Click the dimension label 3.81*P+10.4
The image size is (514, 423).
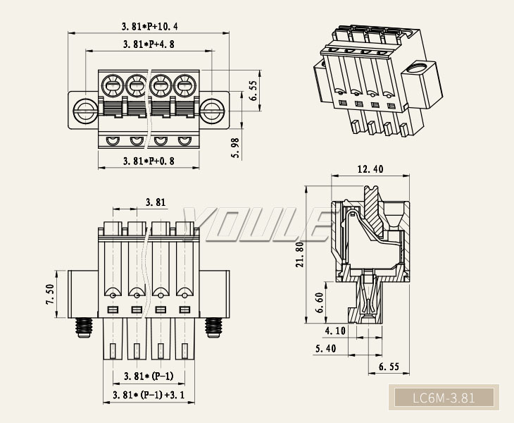pyautogui.click(x=149, y=27)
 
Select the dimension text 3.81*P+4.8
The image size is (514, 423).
pyautogui.click(x=149, y=44)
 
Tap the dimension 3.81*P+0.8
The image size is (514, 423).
pyautogui.click(x=149, y=161)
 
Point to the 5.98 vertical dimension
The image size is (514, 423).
pyautogui.click(x=235, y=148)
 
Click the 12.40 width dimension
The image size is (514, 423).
pyautogui.click(x=370, y=169)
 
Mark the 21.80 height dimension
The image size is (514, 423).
pyautogui.click(x=300, y=255)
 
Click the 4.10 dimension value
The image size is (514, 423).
pyautogui.click(x=336, y=331)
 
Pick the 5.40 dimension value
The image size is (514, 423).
pyautogui.click(x=326, y=349)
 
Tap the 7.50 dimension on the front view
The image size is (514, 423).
pyautogui.click(x=50, y=294)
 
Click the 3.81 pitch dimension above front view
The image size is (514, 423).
pyautogui.click(x=156, y=202)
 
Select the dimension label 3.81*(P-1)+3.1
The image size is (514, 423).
pyautogui.click(x=149, y=395)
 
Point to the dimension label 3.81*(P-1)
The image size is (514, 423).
pyautogui.click(x=149, y=376)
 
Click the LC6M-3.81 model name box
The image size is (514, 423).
pyautogui.click(x=444, y=398)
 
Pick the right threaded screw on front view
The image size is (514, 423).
pyautogui.click(x=213, y=326)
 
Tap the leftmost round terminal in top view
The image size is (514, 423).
pyautogui.click(x=111, y=87)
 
